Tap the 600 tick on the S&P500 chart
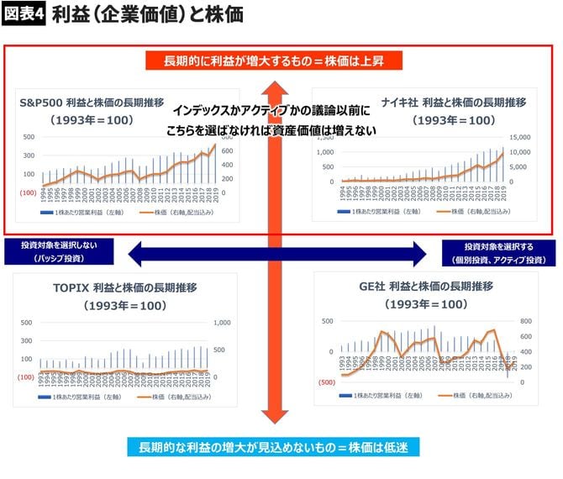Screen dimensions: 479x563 click(228, 151)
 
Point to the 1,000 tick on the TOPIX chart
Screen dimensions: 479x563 click(224, 322)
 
